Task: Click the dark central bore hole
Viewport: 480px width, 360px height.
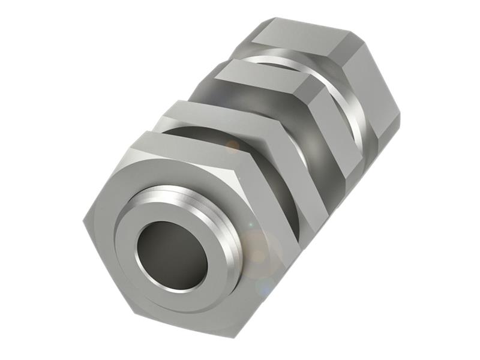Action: point(171,255)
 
